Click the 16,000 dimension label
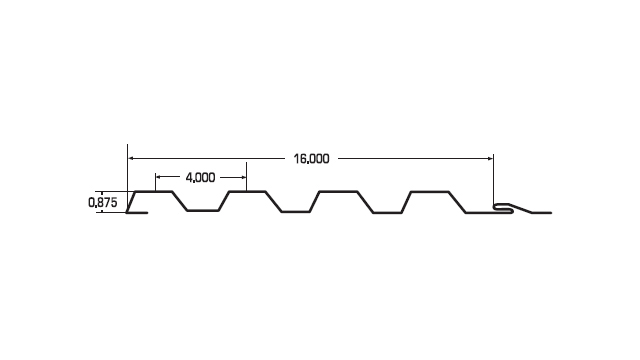[311, 159]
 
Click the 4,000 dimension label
[200, 178]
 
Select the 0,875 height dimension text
[102, 202]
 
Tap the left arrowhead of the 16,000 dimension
[131, 158]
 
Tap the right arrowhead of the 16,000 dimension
[490, 158]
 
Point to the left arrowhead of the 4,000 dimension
[159, 177]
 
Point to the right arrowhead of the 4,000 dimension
[243, 177]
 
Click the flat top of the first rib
[153, 191]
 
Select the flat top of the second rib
[247, 191]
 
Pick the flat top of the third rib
[338, 191]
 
